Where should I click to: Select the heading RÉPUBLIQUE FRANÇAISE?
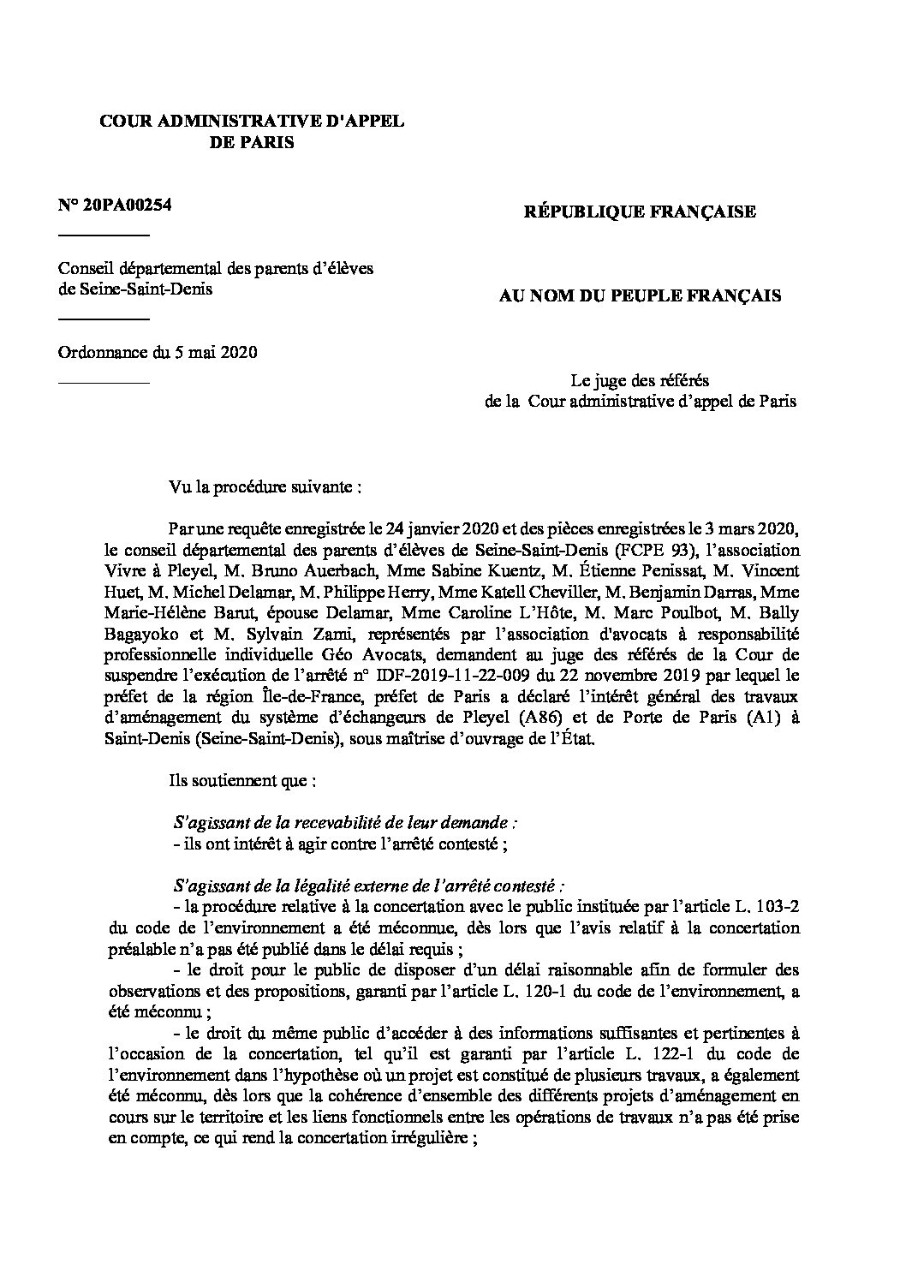[640, 212]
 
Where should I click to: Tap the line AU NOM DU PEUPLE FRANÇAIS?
[640, 296]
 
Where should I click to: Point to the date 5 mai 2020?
[216, 352]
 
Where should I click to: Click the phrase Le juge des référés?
[640, 379]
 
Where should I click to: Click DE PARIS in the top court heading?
[252, 143]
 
